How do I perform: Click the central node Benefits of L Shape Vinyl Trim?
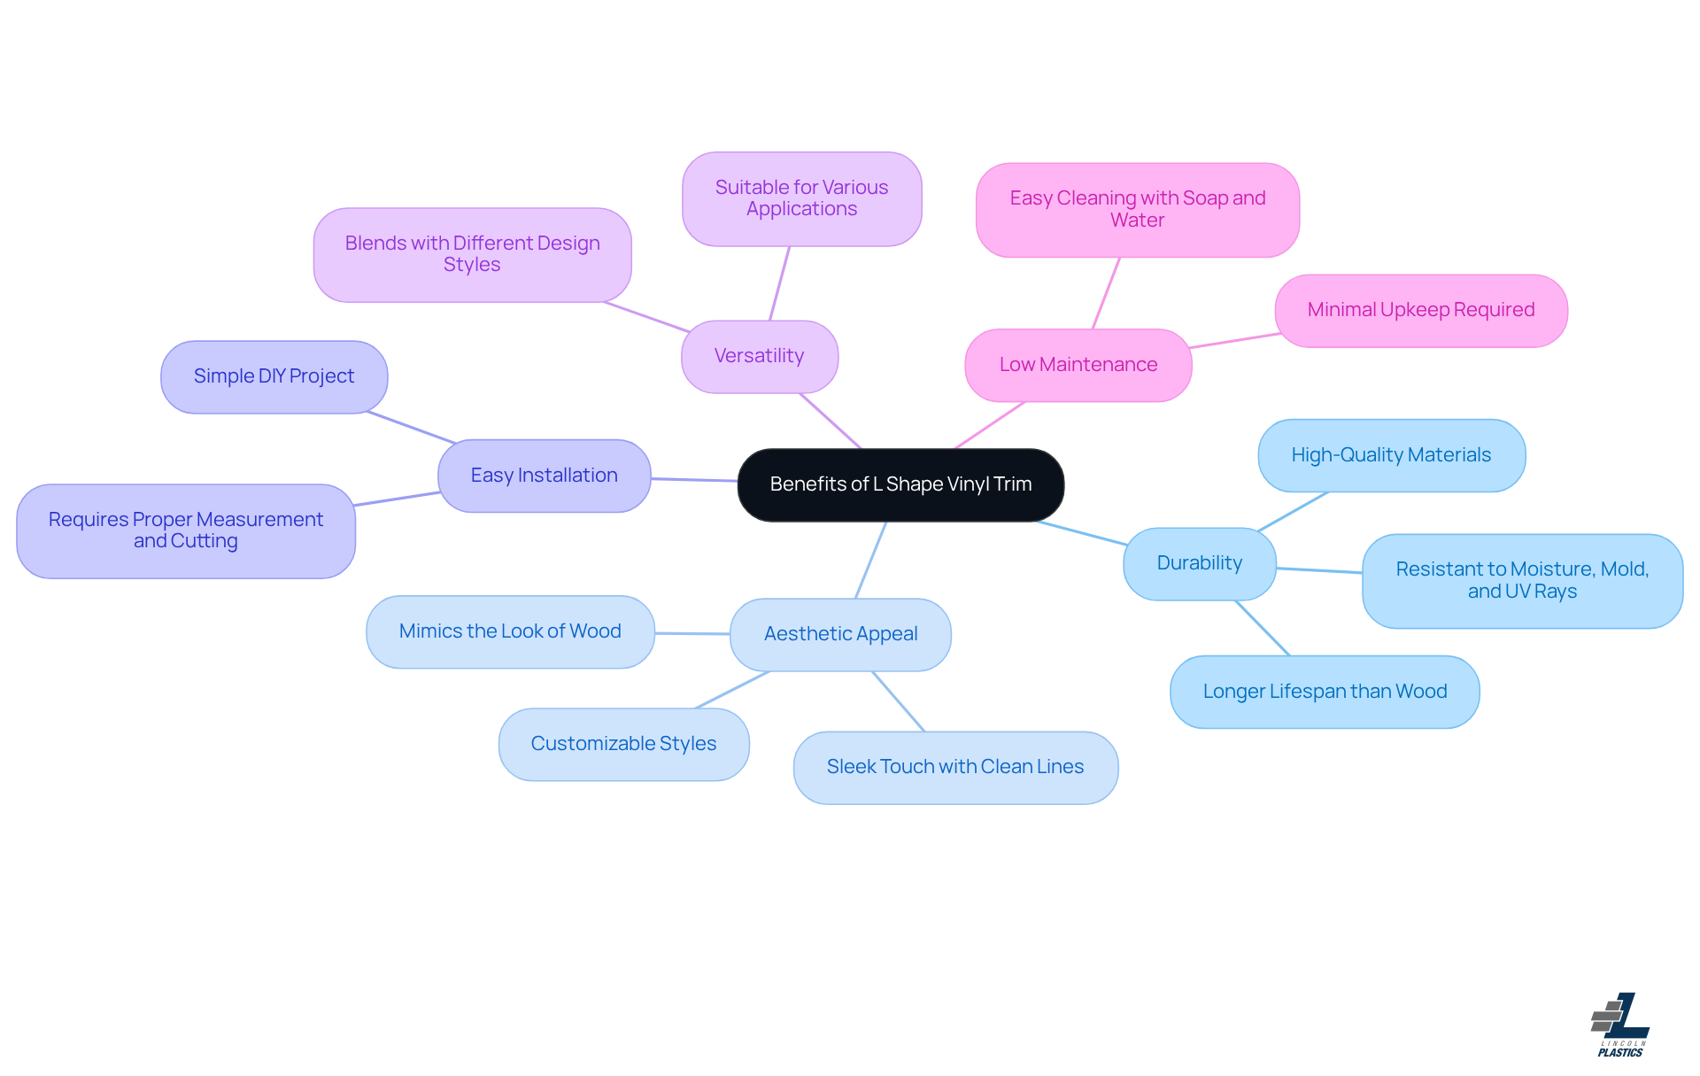tap(900, 484)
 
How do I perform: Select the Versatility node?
tap(759, 356)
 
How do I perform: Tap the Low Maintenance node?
tap(1078, 365)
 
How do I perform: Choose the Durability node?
tap(1199, 563)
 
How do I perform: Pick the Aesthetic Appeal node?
tap(840, 634)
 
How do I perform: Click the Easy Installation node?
tap(544, 476)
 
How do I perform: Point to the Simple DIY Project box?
tap(274, 376)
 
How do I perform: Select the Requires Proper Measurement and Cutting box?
tap(185, 530)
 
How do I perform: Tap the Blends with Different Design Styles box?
tap(472, 254)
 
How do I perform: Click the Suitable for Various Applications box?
tap(801, 198)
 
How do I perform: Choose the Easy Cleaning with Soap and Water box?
tap(1137, 209)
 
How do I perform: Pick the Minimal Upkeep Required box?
tap(1420, 310)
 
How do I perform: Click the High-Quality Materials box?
tap(1390, 455)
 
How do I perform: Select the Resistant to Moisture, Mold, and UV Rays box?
tap(1521, 580)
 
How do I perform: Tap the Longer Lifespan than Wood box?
tap(1324, 692)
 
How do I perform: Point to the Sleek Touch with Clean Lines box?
tap(954, 767)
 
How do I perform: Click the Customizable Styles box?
tap(623, 744)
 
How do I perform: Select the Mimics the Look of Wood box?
tap(510, 631)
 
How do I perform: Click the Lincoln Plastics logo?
tap(1620, 1025)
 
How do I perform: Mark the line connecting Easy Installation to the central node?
tap(694, 479)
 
